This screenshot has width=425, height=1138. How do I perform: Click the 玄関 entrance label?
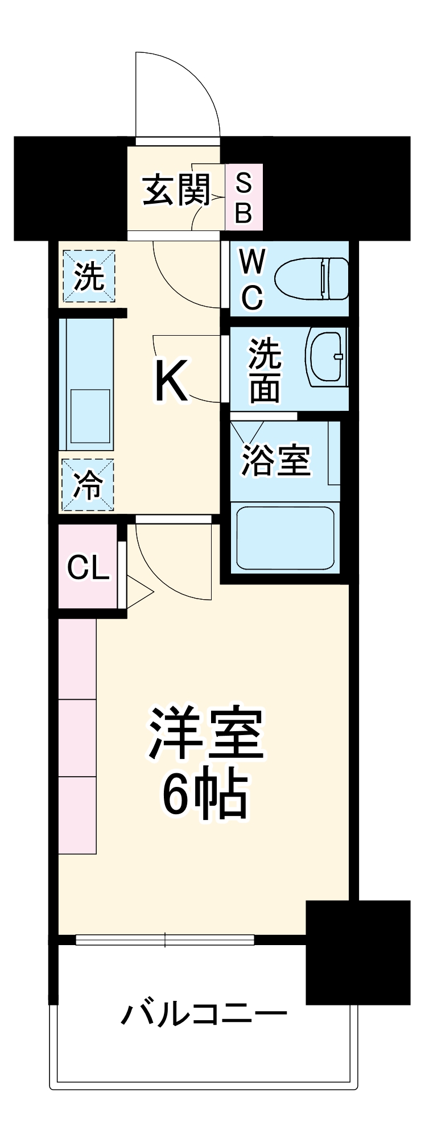tap(176, 191)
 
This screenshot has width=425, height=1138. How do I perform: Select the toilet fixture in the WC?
tap(312, 279)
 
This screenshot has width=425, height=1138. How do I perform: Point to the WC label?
tap(252, 279)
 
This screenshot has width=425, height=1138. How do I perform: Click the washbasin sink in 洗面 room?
tap(326, 357)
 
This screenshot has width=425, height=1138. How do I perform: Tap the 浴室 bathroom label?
tap(277, 460)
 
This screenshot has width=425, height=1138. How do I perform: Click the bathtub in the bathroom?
tap(285, 538)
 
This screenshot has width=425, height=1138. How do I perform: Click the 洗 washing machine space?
tap(89, 277)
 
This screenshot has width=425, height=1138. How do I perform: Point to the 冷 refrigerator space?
tap(88, 485)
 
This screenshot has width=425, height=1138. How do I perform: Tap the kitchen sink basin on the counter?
tap(90, 416)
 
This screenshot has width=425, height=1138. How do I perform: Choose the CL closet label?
tap(88, 567)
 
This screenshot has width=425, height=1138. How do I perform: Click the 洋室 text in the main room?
tap(206, 735)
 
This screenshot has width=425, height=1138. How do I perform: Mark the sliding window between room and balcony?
tap(165, 939)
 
